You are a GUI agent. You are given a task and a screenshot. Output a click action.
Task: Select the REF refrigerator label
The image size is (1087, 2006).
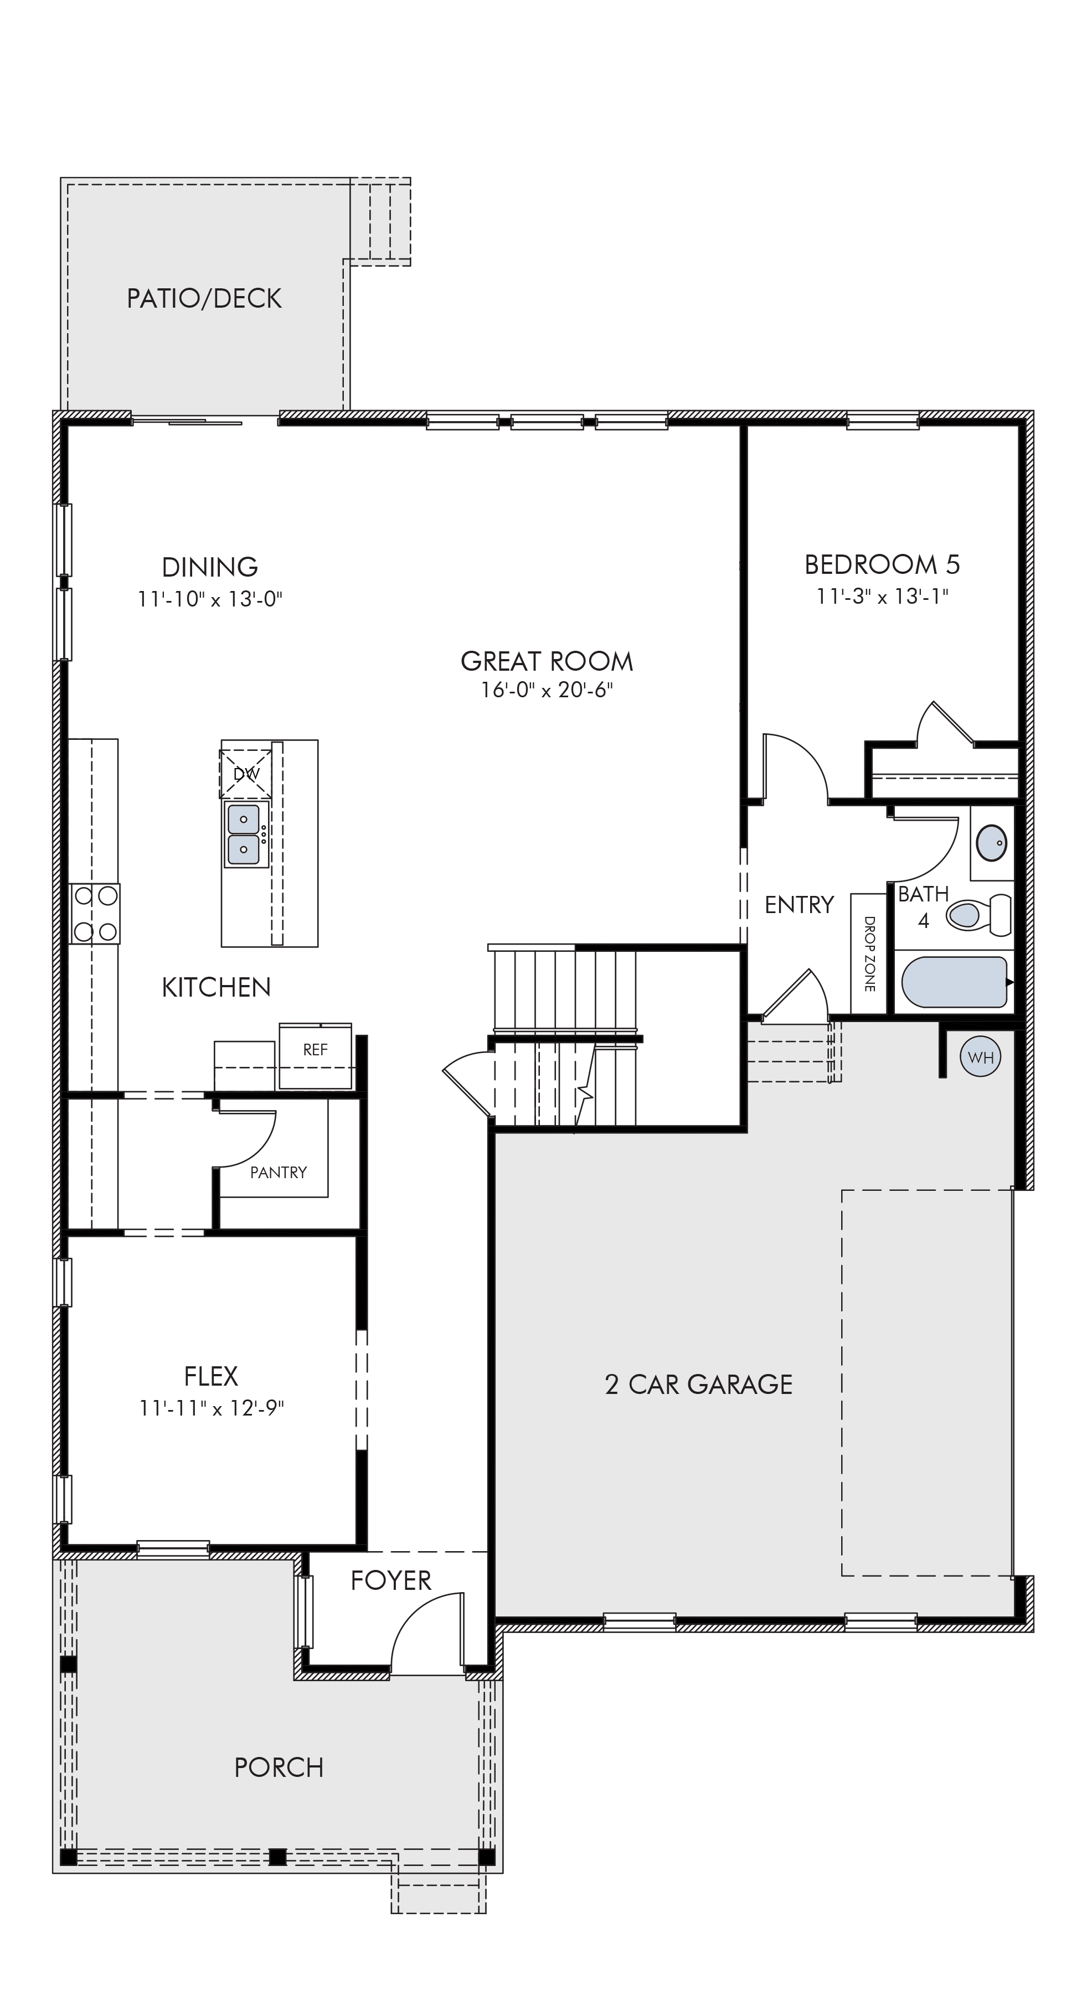316,1050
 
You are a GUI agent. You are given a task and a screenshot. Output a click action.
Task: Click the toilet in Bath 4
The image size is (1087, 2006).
978,914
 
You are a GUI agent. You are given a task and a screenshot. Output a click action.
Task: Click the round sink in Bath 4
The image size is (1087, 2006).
991,843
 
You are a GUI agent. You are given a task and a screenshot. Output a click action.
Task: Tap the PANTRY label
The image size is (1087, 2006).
278,1172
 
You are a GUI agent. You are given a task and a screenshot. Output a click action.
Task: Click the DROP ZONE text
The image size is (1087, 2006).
869,954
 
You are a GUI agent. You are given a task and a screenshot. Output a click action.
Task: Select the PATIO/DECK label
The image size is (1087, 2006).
204,298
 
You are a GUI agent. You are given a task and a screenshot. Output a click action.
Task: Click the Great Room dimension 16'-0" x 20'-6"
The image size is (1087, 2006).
547,690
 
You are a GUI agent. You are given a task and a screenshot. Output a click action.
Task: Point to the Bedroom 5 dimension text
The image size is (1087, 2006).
882,597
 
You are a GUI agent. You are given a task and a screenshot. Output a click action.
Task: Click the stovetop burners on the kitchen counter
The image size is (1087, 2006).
94,914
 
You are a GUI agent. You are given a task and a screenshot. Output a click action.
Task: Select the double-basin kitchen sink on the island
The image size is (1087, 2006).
244,834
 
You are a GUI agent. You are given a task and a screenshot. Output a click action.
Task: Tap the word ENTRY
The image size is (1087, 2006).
800,904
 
